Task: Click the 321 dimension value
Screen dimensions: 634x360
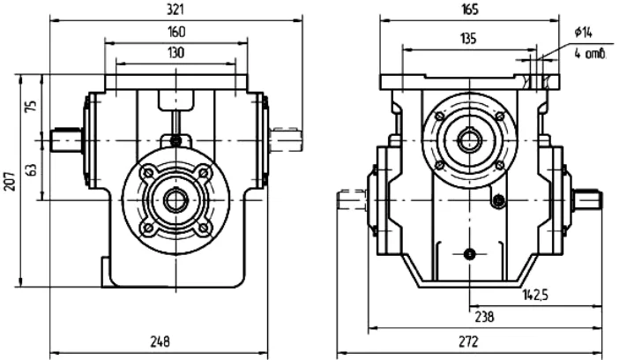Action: pyautogui.click(x=175, y=10)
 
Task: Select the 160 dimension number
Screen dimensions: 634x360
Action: pyautogui.click(x=175, y=32)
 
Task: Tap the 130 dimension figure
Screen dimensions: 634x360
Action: pyautogui.click(x=175, y=53)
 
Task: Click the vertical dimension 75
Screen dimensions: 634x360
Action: pyautogui.click(x=31, y=106)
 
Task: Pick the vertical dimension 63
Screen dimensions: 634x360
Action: pyautogui.click(x=31, y=169)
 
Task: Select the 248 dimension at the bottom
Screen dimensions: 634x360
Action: pyautogui.click(x=160, y=341)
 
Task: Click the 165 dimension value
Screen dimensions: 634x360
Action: pyautogui.click(x=469, y=10)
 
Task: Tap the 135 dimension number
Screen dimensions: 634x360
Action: pyautogui.click(x=468, y=39)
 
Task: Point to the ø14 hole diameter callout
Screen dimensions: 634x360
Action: pyautogui.click(x=584, y=32)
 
